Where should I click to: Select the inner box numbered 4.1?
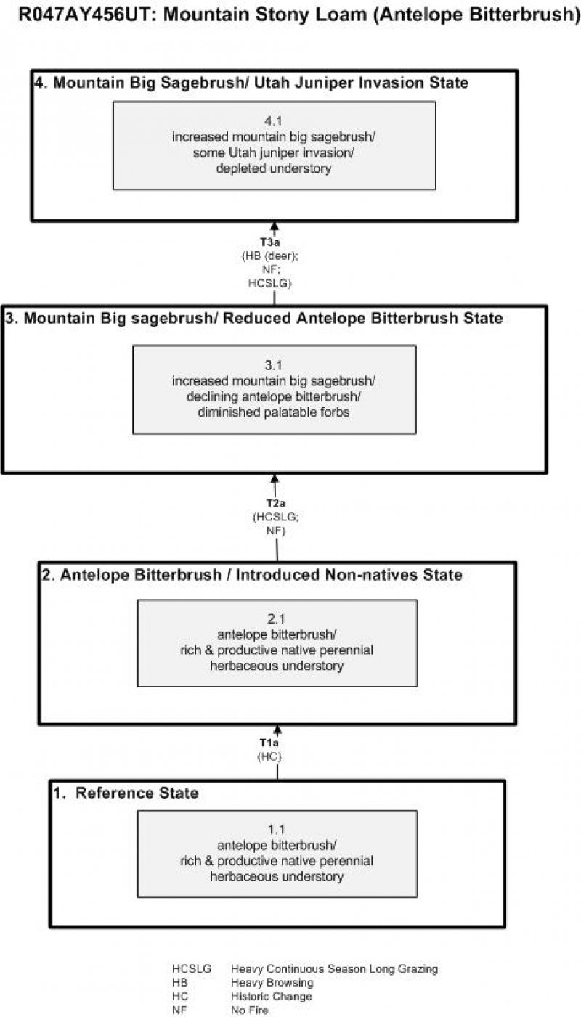(275, 145)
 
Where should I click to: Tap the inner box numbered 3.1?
(275, 389)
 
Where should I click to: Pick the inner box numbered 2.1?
(277, 642)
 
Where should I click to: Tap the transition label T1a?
(269, 743)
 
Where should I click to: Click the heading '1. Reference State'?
(126, 793)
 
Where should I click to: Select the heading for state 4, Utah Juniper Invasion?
(251, 83)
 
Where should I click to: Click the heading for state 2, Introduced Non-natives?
(251, 576)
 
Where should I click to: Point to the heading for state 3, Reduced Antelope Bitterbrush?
(253, 319)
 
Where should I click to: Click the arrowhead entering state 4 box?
(275, 226)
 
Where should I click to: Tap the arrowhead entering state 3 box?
(275, 478)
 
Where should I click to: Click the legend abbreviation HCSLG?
(192, 969)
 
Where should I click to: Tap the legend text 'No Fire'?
(250, 1010)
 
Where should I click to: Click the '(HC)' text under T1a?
(269, 756)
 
